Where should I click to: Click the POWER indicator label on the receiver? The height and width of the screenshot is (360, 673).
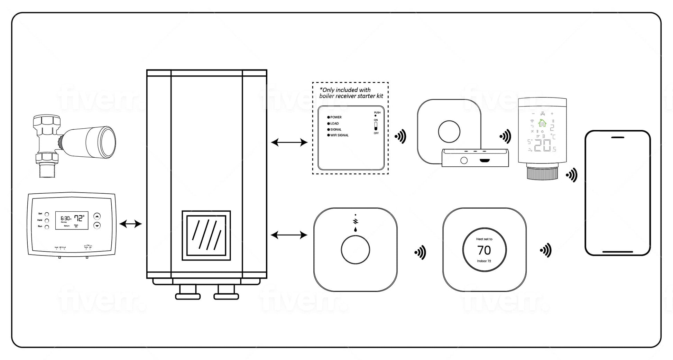(336, 117)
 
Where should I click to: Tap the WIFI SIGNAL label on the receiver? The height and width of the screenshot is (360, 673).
(339, 135)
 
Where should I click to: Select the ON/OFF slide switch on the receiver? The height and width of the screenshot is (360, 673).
(376, 126)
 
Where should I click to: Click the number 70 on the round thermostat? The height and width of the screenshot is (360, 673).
(484, 250)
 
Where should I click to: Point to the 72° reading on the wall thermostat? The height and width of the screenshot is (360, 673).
(79, 218)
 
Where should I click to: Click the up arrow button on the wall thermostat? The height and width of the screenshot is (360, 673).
(97, 216)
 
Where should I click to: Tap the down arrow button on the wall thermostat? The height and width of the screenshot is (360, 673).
(97, 225)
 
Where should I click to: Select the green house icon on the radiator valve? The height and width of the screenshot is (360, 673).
(542, 123)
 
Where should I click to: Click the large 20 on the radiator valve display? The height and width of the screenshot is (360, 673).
(542, 146)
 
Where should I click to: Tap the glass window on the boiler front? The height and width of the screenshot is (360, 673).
(206, 235)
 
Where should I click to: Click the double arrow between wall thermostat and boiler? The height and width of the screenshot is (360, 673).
(131, 224)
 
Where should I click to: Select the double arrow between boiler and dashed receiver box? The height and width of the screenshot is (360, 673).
(289, 142)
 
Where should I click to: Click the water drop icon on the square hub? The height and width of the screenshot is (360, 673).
(355, 230)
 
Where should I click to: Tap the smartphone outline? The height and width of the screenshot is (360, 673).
(617, 193)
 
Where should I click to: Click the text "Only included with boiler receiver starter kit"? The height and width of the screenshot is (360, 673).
(351, 93)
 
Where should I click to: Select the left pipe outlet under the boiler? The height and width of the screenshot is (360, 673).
(188, 293)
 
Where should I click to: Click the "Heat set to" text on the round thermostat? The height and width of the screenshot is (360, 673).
(484, 239)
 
